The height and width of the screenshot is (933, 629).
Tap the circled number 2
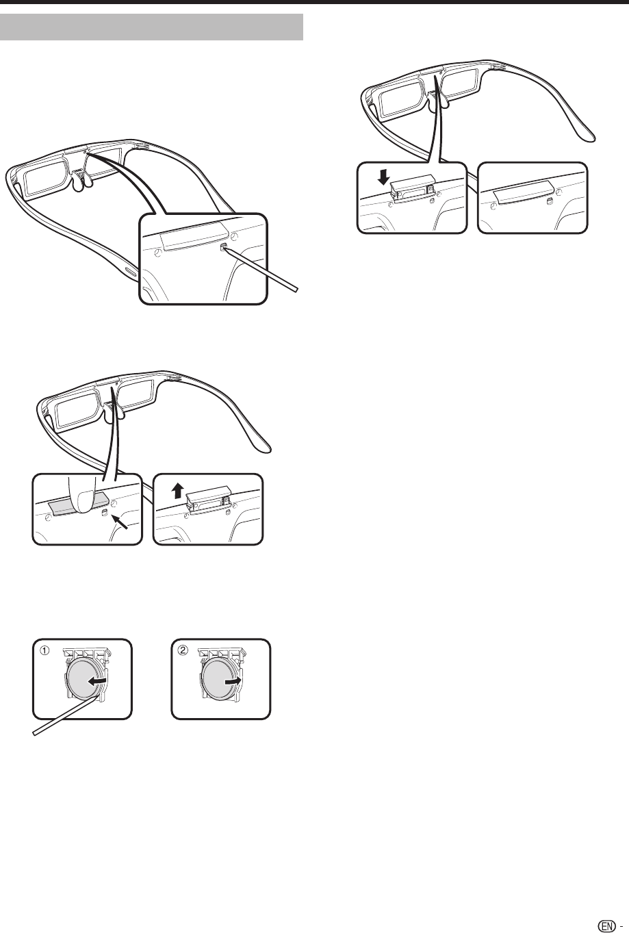(x=183, y=650)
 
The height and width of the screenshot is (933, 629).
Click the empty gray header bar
(x=152, y=27)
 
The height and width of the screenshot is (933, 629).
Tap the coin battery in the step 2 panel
(x=220, y=682)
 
